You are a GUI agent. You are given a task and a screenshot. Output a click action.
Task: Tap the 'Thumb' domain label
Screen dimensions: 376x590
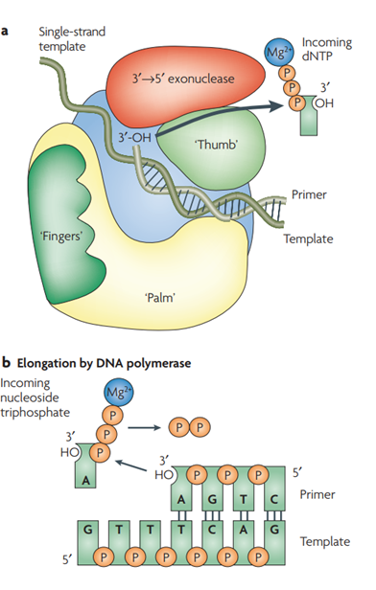click(218, 144)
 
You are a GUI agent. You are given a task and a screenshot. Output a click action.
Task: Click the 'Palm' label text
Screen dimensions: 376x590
click(160, 298)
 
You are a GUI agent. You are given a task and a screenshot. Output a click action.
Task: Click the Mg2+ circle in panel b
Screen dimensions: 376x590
click(118, 393)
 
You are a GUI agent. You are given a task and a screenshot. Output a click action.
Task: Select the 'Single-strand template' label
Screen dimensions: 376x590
click(72, 38)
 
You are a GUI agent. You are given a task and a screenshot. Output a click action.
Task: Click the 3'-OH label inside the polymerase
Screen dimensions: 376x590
click(134, 138)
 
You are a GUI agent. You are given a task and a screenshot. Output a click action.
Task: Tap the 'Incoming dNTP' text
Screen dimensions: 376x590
click(327, 49)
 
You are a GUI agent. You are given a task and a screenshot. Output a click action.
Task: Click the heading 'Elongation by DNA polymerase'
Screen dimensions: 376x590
click(104, 363)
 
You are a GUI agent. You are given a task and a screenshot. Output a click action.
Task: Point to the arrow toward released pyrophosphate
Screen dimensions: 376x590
click(145, 428)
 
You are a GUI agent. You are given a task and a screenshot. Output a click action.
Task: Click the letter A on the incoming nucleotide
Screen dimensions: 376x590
click(86, 480)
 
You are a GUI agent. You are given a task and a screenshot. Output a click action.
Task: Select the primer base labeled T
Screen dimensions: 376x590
click(244, 499)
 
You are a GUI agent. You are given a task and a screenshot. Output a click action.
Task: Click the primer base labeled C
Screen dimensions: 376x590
click(274, 499)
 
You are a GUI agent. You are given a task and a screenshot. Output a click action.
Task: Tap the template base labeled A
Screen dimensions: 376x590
click(244, 530)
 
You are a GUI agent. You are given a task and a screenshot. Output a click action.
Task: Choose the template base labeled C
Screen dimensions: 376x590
click(212, 530)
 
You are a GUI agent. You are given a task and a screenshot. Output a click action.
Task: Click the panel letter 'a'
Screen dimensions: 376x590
click(5, 31)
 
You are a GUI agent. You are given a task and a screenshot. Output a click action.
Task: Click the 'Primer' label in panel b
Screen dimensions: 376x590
click(317, 494)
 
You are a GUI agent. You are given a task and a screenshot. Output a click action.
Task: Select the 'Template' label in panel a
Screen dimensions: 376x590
click(308, 238)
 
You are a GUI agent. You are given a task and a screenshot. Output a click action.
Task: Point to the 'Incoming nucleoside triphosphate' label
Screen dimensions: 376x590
click(35, 397)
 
